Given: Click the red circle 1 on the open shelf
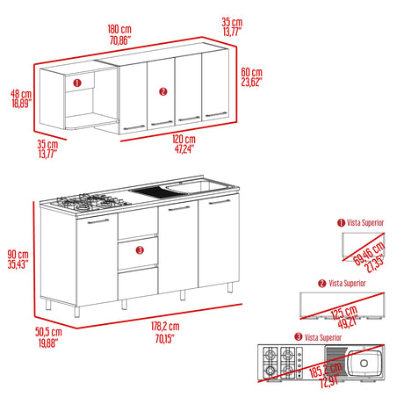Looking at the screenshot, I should (x=76, y=83).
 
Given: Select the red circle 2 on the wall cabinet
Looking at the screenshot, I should (x=162, y=90).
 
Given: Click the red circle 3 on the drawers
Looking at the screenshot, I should (x=140, y=251).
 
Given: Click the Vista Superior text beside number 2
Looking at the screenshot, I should (x=349, y=283).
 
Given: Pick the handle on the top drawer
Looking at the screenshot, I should (x=135, y=221).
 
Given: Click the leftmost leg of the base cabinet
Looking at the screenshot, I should (x=48, y=305).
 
